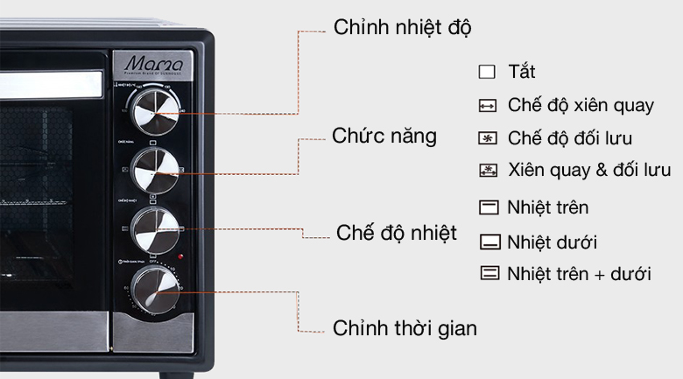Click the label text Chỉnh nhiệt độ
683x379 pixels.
402,27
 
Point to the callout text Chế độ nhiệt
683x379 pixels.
396,233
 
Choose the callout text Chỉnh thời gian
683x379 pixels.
405,328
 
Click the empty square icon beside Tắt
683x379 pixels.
488,72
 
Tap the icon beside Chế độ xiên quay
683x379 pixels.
488,106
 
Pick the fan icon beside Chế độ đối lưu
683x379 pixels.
488,138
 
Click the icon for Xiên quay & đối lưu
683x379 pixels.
488,170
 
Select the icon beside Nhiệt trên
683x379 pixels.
488,208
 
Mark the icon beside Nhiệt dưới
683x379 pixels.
488,241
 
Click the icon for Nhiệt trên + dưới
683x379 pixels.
488,273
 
